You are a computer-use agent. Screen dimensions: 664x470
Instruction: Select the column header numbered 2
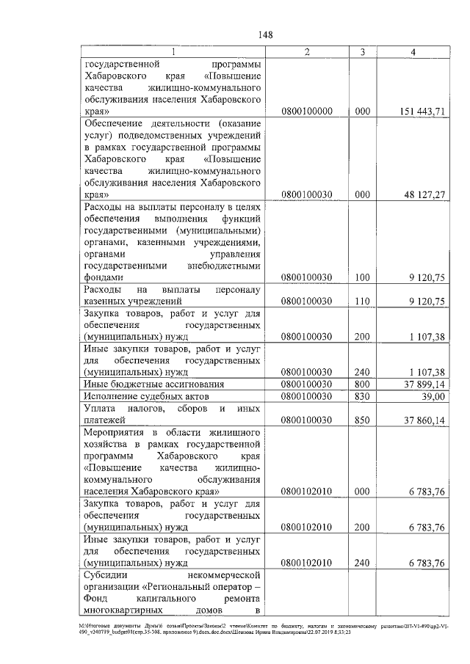tap(306, 51)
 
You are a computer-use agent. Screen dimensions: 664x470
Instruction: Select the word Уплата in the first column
tap(100, 408)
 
